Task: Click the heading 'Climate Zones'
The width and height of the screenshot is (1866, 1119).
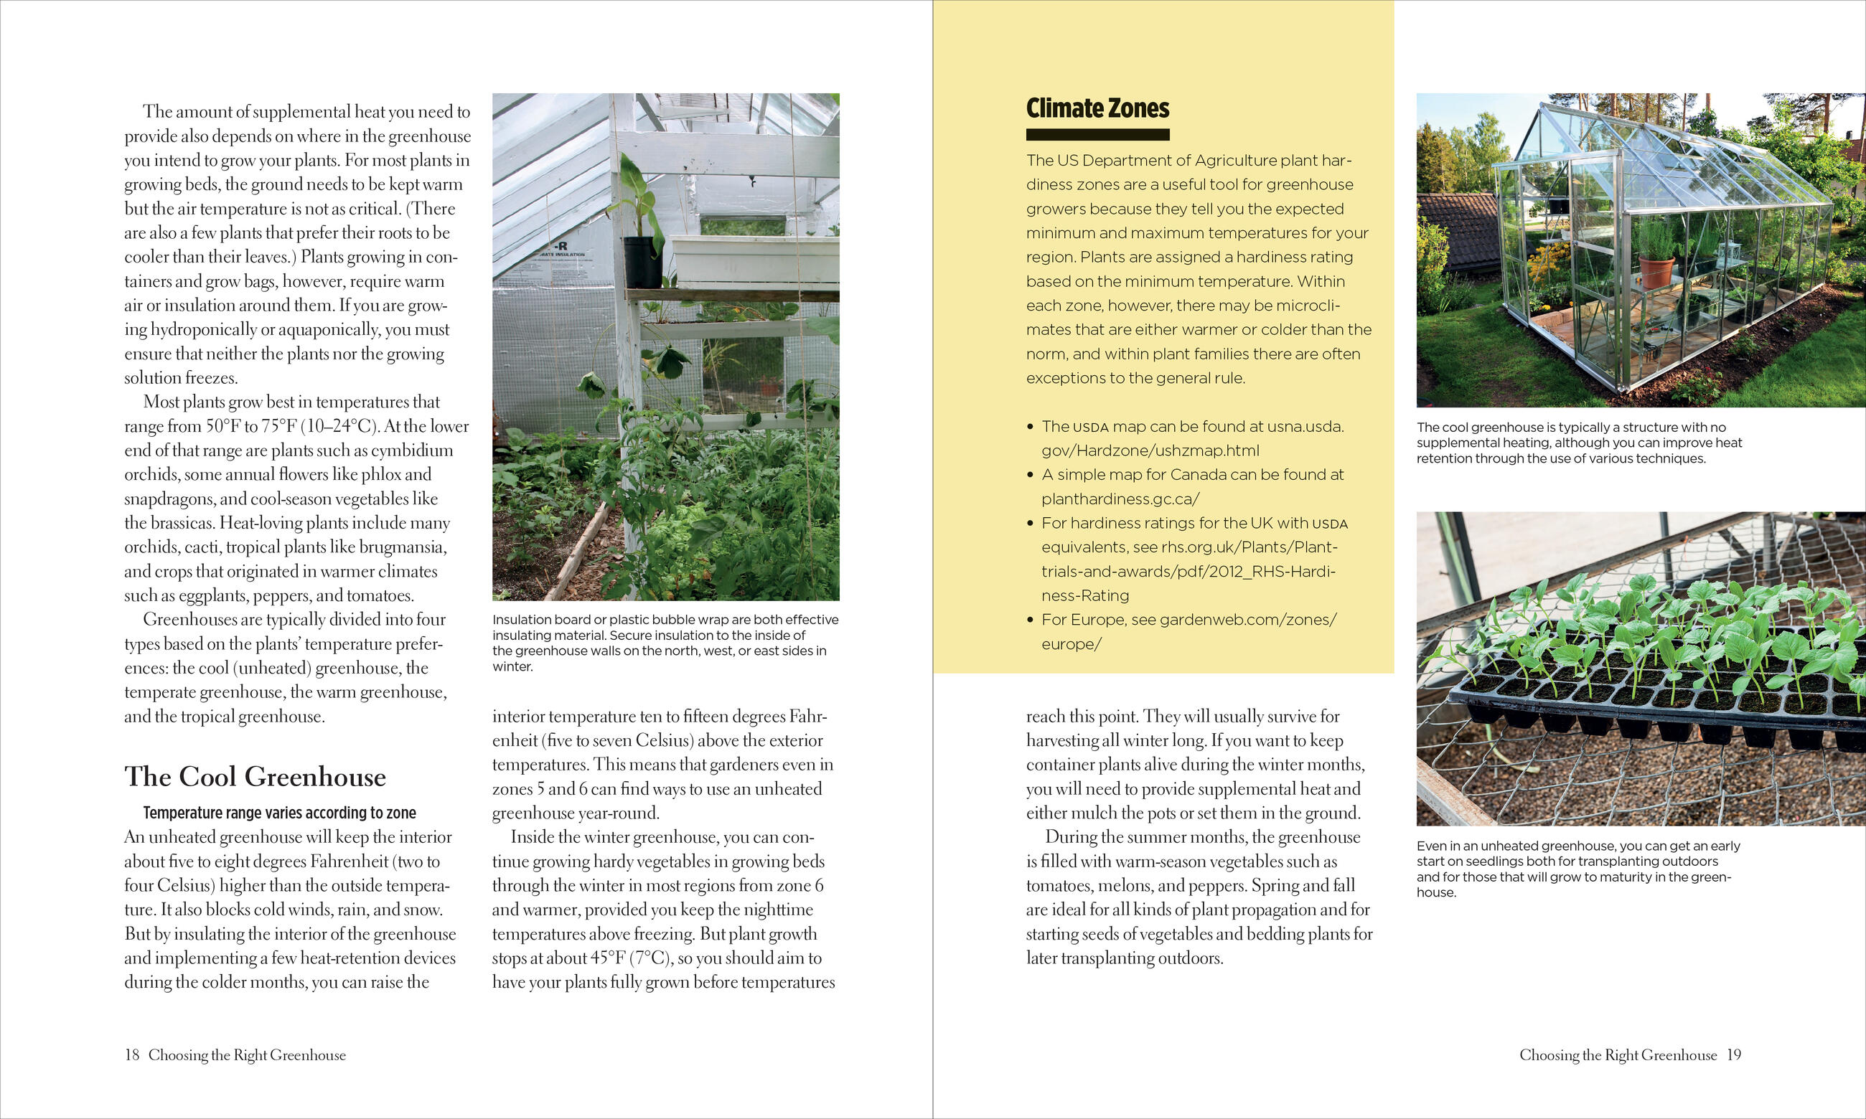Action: pos(1097,108)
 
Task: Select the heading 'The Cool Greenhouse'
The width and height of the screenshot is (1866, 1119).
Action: pos(255,777)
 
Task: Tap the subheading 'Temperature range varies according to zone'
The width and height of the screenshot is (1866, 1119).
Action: pos(279,813)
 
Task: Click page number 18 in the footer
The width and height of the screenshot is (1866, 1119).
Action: pos(132,1055)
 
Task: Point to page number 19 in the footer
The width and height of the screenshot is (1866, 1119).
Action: pos(1734,1055)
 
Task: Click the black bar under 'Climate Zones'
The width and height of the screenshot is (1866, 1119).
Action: pos(1097,135)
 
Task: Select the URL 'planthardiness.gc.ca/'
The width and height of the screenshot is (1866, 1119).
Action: pos(1120,499)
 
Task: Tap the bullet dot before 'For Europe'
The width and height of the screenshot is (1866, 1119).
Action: pos(1031,620)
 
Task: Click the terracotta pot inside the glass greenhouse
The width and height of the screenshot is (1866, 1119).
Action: pos(1656,272)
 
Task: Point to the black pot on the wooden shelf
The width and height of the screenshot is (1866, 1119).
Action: pos(642,262)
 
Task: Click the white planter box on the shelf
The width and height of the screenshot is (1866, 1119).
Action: pos(754,260)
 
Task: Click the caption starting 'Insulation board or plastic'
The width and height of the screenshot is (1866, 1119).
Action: pos(665,643)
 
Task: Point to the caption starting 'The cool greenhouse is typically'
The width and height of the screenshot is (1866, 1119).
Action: pos(1579,443)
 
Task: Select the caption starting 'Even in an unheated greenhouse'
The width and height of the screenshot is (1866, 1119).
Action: pos(1578,869)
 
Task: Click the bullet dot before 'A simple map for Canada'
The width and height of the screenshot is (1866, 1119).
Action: pos(1031,475)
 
